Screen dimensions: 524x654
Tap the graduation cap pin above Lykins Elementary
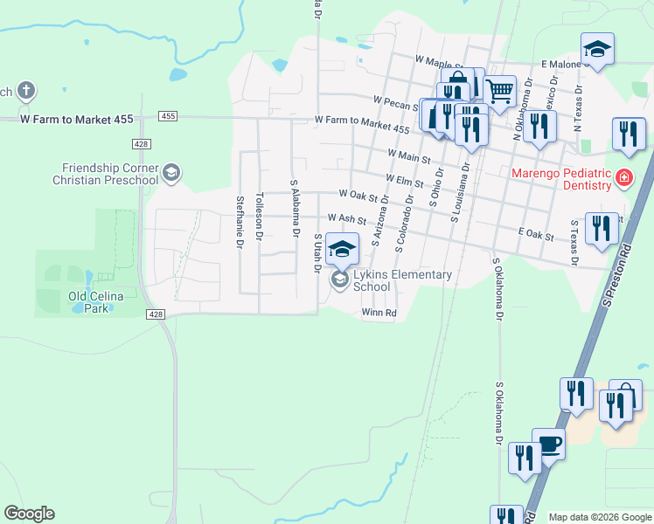pos(343,249)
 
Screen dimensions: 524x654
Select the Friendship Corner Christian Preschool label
pos(110,174)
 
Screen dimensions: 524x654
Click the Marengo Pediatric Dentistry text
pos(561,179)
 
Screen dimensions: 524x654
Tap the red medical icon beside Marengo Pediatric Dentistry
pos(623,179)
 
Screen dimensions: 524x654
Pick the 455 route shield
pos(169,116)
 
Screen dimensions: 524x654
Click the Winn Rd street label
pos(379,313)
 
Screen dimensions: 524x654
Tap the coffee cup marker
pos(548,444)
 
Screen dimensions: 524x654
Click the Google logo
pos(29,514)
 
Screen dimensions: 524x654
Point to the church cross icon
pos(26,91)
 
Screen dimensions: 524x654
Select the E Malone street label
pos(562,65)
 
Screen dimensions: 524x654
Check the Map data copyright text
pos(599,517)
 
